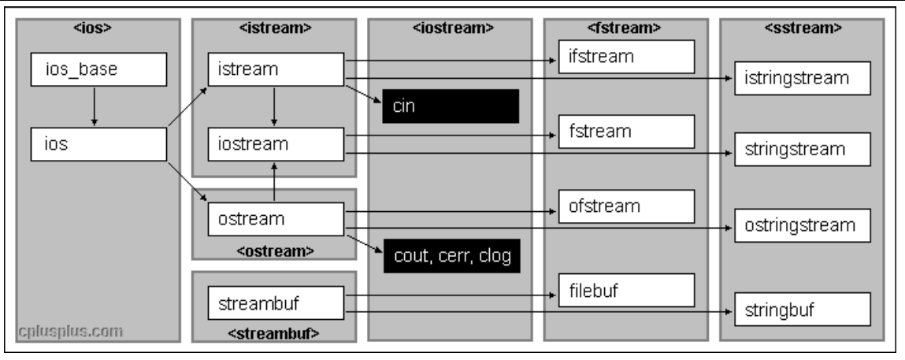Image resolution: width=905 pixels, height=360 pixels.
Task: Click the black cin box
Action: pyautogui.click(x=451, y=106)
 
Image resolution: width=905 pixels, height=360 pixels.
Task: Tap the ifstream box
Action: pyautogui.click(x=627, y=57)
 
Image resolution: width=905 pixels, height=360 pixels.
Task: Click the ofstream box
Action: pyautogui.click(x=627, y=206)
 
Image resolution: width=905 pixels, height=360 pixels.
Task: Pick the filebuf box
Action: pyautogui.click(x=627, y=289)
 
